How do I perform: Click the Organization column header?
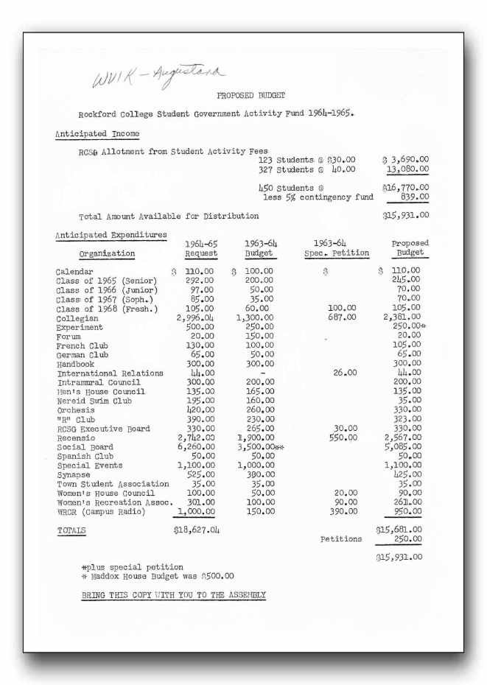click(x=107, y=253)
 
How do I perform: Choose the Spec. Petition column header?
click(x=337, y=253)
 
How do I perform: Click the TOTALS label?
click(x=71, y=530)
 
